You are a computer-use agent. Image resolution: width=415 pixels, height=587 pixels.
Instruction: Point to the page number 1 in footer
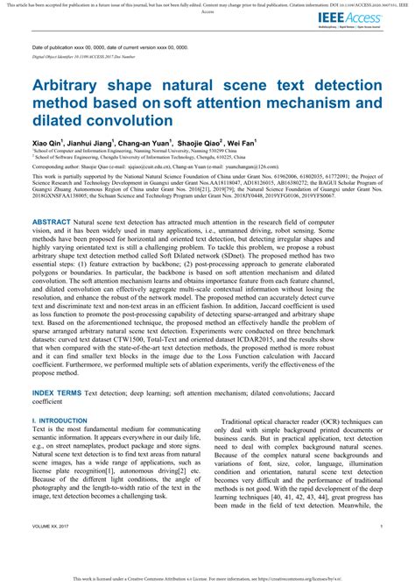point(382,551)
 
